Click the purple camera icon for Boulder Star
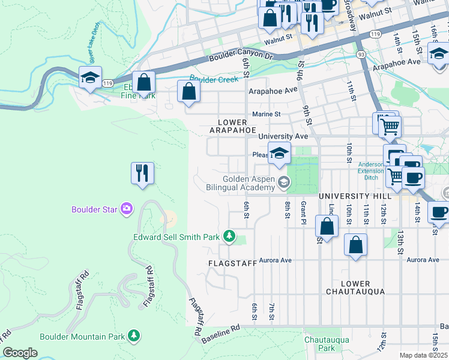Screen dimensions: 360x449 (x=127, y=209)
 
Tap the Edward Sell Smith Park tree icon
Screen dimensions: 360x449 (x=229, y=237)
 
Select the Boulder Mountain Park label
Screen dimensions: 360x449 (x=83, y=337)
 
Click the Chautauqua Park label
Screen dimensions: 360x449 (x=319, y=343)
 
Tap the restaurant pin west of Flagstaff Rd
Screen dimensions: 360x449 (x=142, y=174)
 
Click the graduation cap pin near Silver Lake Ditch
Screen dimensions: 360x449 (x=90, y=78)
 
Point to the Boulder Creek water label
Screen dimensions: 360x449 (x=214, y=79)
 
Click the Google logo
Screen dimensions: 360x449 (x=20, y=352)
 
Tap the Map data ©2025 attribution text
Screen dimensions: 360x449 (x=424, y=355)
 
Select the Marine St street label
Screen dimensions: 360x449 (x=267, y=113)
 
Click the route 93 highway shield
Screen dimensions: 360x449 (x=361, y=55)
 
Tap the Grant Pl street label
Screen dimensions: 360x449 (x=304, y=212)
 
